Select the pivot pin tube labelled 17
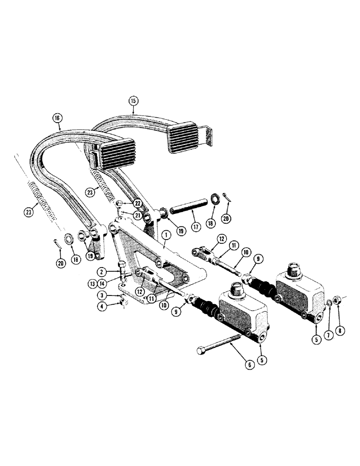click(x=188, y=206)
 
